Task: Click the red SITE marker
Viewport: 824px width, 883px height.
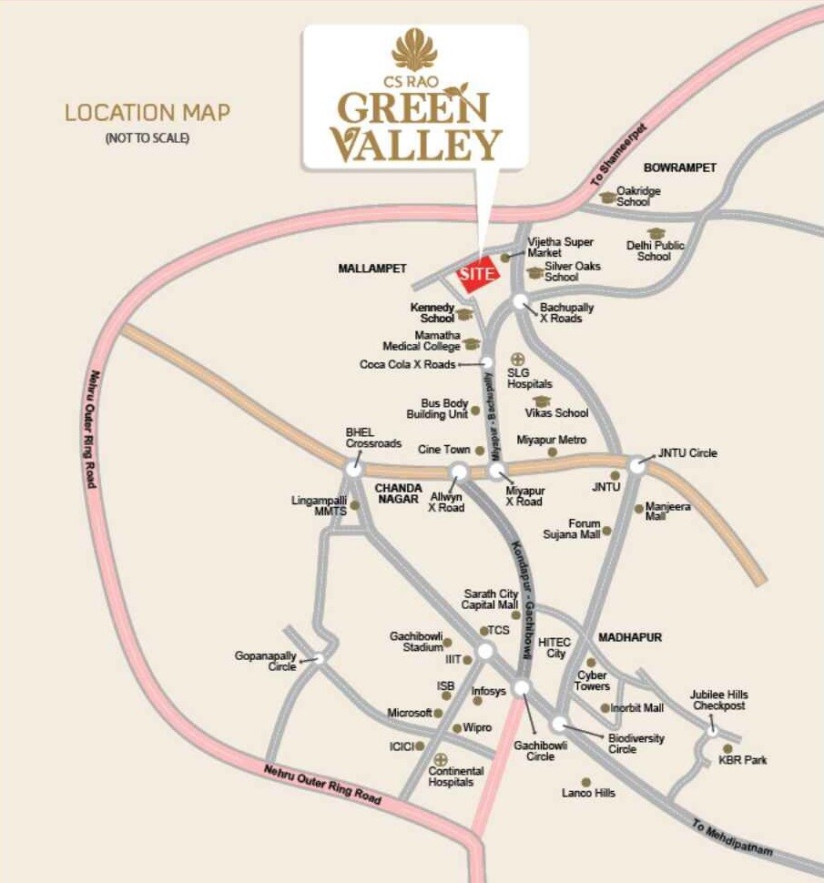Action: [477, 274]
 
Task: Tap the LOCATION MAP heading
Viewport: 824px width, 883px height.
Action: [147, 113]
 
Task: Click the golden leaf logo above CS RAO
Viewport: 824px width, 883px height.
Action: [414, 48]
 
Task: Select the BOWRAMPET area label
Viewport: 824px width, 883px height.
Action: [680, 167]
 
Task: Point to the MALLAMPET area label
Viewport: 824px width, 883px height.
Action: [371, 269]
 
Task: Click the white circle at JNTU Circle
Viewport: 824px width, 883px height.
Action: [637, 464]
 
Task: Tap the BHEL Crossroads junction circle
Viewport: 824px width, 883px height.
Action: [354, 467]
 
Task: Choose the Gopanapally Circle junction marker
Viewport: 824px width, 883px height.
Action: [319, 657]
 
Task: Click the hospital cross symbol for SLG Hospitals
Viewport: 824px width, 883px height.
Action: [517, 359]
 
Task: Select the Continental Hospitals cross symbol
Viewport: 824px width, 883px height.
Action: [441, 758]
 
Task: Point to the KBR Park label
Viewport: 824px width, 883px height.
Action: [742, 759]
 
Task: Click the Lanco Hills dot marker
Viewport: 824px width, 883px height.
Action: [585, 781]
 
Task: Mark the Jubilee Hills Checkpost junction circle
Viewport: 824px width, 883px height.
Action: [713, 729]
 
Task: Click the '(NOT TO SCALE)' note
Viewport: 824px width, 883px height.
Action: [148, 138]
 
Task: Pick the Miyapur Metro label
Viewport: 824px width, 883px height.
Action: [552, 440]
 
